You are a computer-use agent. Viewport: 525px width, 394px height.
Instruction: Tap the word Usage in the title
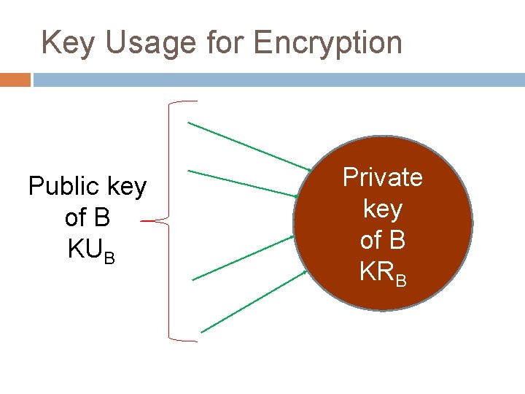pos(150,43)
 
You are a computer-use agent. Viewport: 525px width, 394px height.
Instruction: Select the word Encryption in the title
pos(327,43)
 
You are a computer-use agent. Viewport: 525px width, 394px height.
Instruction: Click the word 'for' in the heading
pos(226,43)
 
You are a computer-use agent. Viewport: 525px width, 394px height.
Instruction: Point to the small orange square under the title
pos(15,79)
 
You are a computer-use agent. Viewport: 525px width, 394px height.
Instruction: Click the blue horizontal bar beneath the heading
pos(277,79)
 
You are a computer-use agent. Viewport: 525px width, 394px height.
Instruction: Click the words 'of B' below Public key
pos(87,218)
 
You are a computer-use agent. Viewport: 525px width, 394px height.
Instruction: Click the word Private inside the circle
pos(383,177)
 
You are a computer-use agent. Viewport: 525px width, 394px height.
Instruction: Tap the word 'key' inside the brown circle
pos(383,209)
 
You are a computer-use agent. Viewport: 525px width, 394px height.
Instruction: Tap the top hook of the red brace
pos(182,102)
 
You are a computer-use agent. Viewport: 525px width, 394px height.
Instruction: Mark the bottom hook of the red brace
pos(182,339)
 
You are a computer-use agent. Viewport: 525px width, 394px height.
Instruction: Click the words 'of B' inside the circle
pos(383,240)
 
